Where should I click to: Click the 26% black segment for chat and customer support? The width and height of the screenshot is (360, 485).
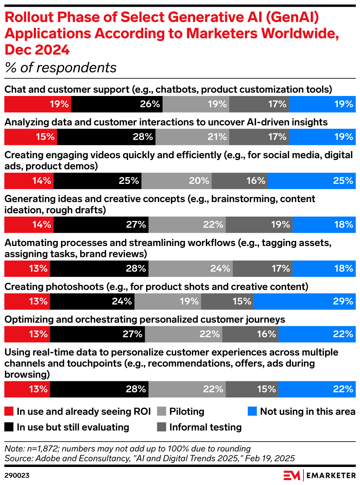[x=117, y=104]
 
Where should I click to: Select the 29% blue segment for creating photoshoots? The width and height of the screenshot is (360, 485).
[x=305, y=301]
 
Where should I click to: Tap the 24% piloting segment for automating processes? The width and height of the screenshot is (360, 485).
[x=191, y=268]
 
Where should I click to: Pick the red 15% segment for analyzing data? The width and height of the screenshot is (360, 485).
[x=31, y=137]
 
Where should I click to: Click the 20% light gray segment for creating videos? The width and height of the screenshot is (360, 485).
[x=176, y=181]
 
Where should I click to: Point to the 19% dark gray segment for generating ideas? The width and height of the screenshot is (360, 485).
[x=259, y=225]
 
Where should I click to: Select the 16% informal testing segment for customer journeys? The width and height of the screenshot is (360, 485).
[x=250, y=334]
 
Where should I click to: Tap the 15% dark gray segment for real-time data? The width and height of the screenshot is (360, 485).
[x=252, y=389]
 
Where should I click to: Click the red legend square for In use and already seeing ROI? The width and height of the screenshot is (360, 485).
[x=9, y=411]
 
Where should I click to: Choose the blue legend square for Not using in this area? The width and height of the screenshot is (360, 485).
[x=252, y=411]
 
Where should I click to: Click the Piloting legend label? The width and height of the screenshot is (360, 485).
[x=187, y=411]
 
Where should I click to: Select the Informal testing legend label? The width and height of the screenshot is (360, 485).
[x=205, y=427]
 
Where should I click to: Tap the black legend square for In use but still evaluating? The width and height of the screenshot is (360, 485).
[x=9, y=427]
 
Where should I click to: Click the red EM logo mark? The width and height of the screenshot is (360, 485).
[x=292, y=475]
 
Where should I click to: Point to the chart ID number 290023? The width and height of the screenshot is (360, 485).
[x=17, y=475]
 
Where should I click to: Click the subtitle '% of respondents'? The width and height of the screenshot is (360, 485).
[x=61, y=68]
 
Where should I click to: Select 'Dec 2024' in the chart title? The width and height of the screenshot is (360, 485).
[x=37, y=50]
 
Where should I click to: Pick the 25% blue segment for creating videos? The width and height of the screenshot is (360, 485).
[x=312, y=181]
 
